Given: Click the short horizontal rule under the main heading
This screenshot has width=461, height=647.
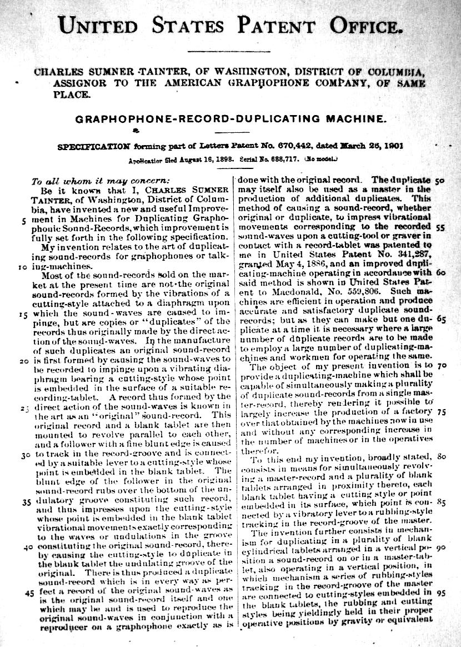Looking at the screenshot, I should pos(231,52).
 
